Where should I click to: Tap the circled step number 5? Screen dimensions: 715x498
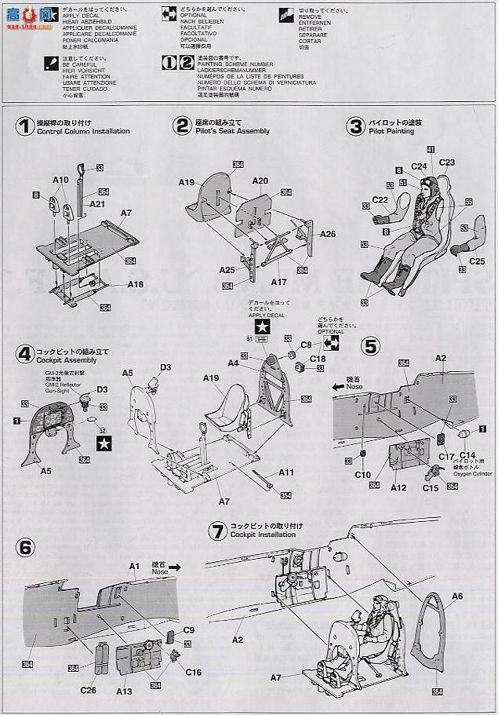tap(370, 345)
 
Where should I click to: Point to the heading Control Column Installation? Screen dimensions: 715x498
tap(84, 131)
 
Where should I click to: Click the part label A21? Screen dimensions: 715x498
tap(97, 203)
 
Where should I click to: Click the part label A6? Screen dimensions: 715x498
tap(457, 596)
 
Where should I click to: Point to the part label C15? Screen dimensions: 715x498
tap(431, 488)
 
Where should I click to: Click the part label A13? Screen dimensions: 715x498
tap(123, 691)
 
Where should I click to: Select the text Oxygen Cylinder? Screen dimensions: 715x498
tap(474, 473)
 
